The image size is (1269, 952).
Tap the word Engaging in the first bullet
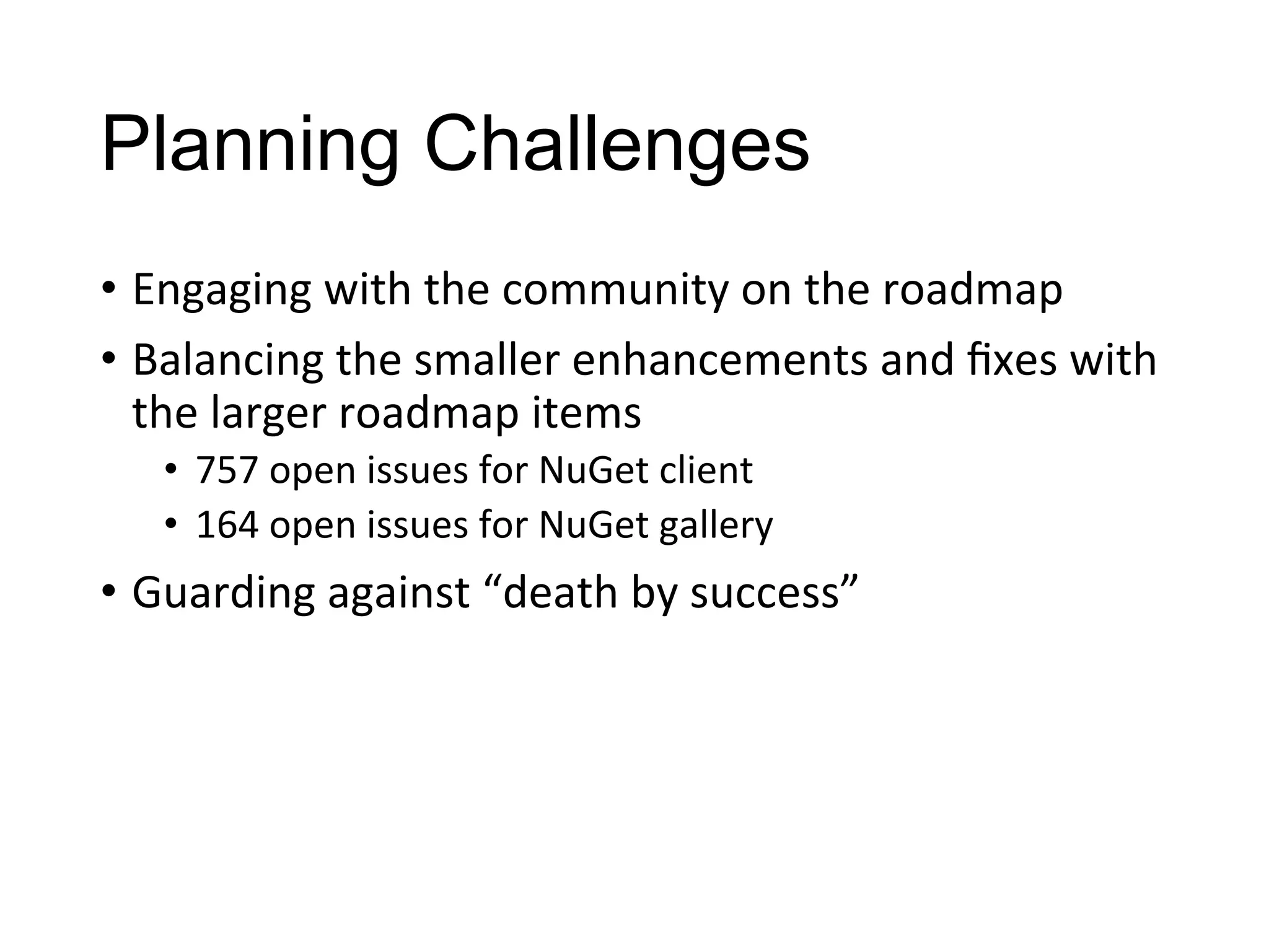pyautogui.click(x=221, y=290)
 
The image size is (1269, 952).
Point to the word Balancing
pyautogui.click(x=227, y=361)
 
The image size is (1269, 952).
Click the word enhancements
pyautogui.click(x=719, y=361)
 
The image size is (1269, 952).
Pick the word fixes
pyautogui.click(x=1011, y=361)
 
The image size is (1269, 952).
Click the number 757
pyautogui.click(x=227, y=470)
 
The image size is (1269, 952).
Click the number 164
pyautogui.click(x=227, y=525)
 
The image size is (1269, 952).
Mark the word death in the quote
pyautogui.click(x=561, y=592)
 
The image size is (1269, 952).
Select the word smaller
pyautogui.click(x=487, y=361)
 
